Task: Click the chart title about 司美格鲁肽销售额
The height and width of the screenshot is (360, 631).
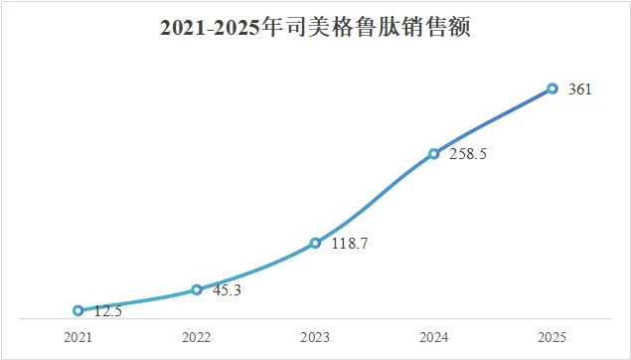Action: pyautogui.click(x=315, y=29)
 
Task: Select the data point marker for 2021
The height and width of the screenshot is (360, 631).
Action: pyautogui.click(x=79, y=310)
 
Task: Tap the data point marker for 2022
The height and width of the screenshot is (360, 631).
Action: pyautogui.click(x=197, y=289)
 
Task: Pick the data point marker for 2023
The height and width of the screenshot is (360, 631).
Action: pyautogui.click(x=315, y=243)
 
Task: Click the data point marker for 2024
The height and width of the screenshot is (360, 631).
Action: pyautogui.click(x=433, y=154)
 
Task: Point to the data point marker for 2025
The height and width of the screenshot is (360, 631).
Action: pyautogui.click(x=552, y=90)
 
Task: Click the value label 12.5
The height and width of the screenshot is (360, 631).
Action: pyautogui.click(x=107, y=311)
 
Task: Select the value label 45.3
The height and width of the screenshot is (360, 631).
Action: pyautogui.click(x=225, y=290)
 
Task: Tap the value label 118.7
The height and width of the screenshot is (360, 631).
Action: pyautogui.click(x=349, y=244)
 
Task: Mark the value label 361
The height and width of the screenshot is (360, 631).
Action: pyautogui.click(x=580, y=90)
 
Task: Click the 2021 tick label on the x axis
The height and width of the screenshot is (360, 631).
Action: pyautogui.click(x=79, y=337)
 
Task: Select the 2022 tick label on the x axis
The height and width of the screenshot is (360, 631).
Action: pyautogui.click(x=197, y=337)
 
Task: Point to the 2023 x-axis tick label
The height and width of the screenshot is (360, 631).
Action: pyautogui.click(x=315, y=337)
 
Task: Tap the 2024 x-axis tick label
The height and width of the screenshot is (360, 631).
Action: pyautogui.click(x=433, y=337)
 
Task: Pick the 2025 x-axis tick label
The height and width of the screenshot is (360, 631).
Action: pyautogui.click(x=552, y=337)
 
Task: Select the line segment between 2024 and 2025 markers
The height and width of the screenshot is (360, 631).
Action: pyautogui.click(x=494, y=119)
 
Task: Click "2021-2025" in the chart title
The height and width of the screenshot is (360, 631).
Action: pyautogui.click(x=209, y=29)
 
